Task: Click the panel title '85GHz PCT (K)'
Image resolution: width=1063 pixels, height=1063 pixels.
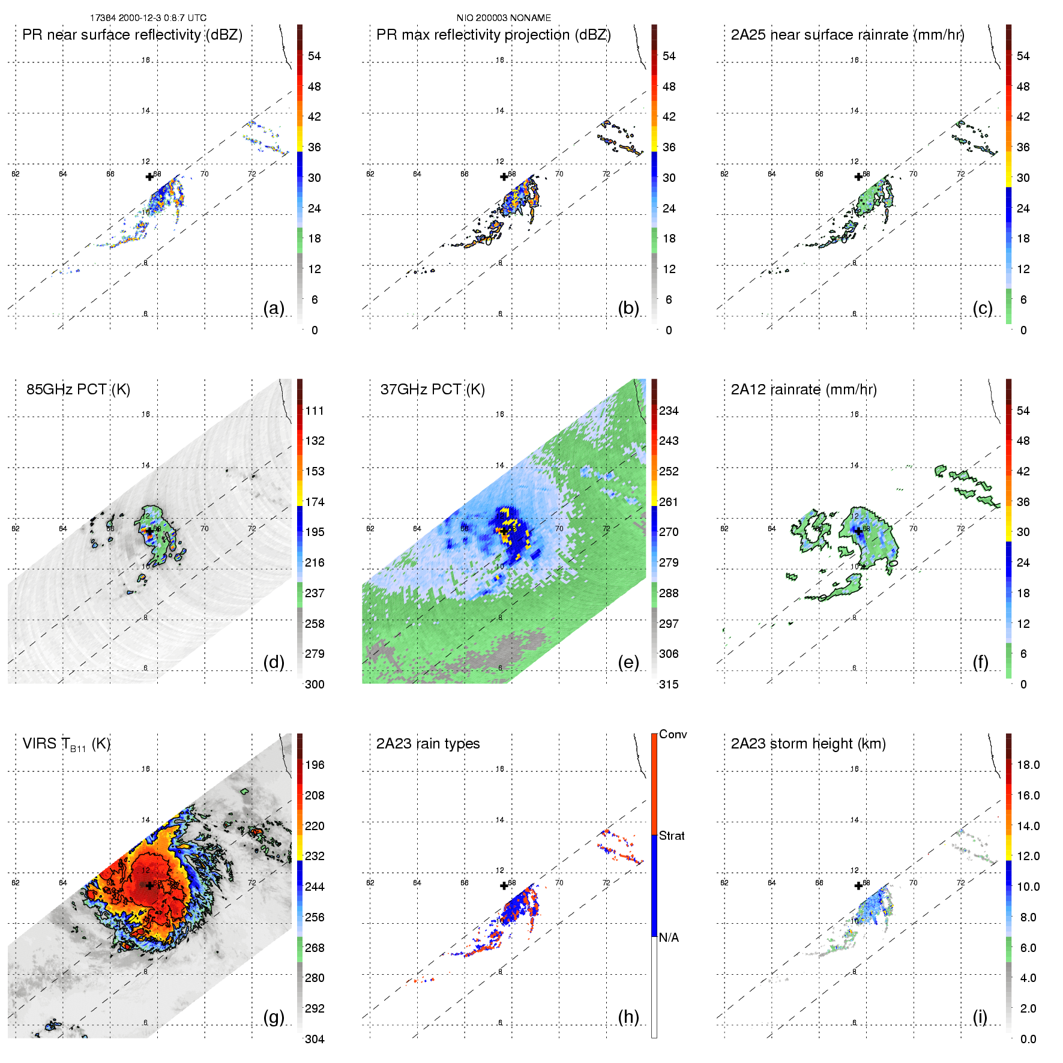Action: pos(78,390)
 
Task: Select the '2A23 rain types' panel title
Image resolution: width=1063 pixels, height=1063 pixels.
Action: pos(427,744)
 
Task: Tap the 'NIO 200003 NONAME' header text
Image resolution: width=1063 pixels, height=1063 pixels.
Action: pos(504,18)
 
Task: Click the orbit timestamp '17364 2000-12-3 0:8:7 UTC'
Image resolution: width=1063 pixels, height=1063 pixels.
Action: pos(148,18)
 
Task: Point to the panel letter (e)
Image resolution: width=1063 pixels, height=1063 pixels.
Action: pos(628,662)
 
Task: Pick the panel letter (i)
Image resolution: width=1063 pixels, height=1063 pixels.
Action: pos(980,1017)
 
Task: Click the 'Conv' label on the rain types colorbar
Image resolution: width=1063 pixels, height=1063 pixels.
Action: pos(673,735)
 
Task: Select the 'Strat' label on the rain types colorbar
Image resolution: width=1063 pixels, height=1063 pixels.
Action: pos(672,836)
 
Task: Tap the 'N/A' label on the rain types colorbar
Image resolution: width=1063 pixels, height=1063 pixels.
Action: pos(669,938)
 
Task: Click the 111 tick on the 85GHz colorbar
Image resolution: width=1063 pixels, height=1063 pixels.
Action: pos(315,411)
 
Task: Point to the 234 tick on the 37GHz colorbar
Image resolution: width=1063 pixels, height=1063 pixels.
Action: pos(669,411)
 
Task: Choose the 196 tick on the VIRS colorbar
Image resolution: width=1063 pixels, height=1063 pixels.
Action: pos(315,765)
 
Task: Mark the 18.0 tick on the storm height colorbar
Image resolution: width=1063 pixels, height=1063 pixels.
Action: pos(1028,765)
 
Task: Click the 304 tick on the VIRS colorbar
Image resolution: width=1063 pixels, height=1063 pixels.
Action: pos(315,1039)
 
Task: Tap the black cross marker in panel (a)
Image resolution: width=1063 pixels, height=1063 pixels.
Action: pos(149,176)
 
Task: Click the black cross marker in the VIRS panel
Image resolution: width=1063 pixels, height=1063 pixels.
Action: pos(149,885)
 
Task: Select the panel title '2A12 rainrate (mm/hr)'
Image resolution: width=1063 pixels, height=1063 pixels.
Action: pos(804,390)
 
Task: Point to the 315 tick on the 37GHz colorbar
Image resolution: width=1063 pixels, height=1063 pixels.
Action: pos(669,685)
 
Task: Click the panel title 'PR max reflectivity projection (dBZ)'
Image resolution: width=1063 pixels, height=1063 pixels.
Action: pos(493,35)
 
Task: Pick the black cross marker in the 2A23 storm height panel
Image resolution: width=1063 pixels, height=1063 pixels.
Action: pos(858,885)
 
